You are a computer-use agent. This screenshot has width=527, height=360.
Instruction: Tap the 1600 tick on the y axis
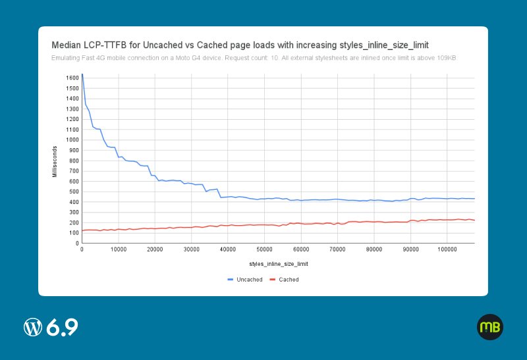(72, 78)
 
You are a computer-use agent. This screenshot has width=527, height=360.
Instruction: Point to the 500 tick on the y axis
(74, 192)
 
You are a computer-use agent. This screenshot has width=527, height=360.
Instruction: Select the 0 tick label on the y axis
(77, 244)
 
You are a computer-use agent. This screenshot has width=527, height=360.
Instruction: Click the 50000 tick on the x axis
(264, 249)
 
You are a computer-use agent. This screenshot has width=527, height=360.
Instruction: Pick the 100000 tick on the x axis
(447, 249)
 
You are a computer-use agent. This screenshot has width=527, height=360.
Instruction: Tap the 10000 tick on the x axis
(119, 249)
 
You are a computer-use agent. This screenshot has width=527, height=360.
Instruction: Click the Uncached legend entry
(245, 280)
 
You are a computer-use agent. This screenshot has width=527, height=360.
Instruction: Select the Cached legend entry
(285, 280)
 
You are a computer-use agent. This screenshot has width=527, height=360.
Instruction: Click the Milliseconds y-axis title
(55, 161)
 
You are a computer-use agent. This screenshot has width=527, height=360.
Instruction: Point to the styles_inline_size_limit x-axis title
(279, 264)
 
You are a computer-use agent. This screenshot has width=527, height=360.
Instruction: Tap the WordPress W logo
(33, 327)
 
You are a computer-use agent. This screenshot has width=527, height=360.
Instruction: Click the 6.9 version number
(62, 327)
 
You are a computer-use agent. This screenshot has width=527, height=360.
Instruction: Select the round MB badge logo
(490, 327)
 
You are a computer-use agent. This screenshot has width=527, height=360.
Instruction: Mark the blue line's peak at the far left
(82, 74)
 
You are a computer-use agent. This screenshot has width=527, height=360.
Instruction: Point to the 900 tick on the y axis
(74, 151)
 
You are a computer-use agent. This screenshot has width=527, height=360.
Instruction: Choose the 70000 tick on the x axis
(337, 249)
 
